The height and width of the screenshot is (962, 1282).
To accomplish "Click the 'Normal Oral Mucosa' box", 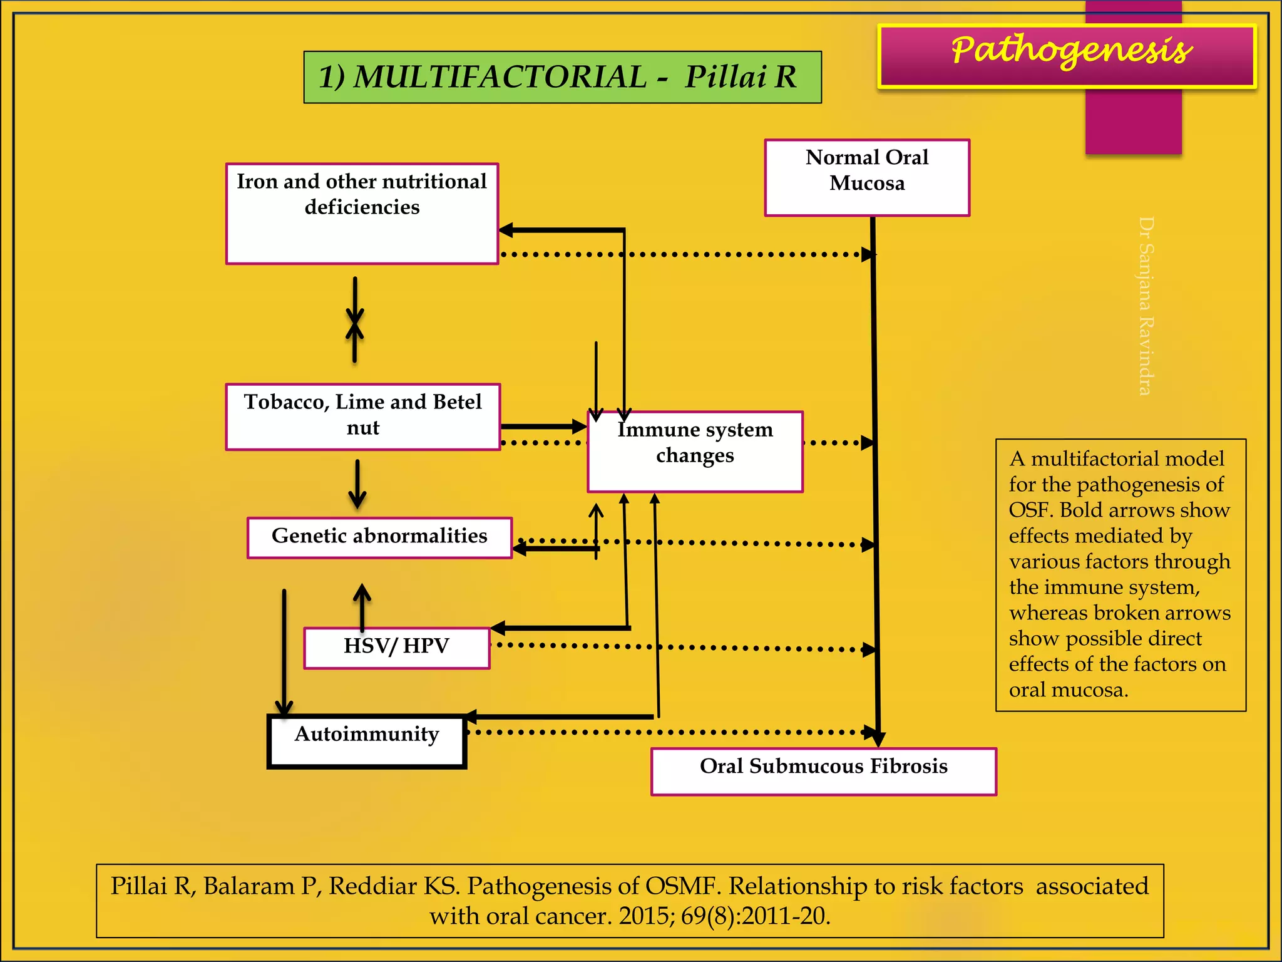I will (x=867, y=177).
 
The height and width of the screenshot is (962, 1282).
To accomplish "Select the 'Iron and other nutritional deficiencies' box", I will (x=362, y=213).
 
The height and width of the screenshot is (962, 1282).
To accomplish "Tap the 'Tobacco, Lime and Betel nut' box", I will (x=363, y=416).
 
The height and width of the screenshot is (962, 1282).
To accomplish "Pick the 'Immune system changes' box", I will (x=695, y=452).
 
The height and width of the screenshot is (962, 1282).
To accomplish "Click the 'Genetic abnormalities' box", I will (x=379, y=537).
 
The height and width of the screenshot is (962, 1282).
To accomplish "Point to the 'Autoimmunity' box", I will (x=367, y=742).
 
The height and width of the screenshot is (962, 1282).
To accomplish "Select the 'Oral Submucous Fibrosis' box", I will (x=823, y=771).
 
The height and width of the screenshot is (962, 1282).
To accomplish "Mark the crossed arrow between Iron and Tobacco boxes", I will (x=355, y=321).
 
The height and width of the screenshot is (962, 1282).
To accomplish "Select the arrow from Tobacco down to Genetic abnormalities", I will (x=357, y=484).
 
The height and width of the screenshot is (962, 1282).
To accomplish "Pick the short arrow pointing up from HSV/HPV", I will (x=362, y=606).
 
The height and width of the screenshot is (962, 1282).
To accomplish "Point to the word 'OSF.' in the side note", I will (x=1030, y=510).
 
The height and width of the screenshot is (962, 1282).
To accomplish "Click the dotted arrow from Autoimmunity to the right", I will (x=670, y=732).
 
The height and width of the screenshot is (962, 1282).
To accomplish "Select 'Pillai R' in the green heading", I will (x=741, y=78).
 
